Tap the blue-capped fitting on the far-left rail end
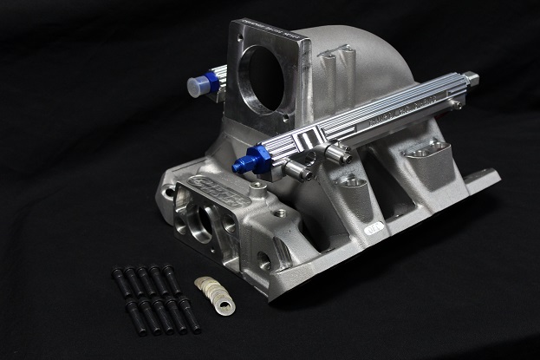201,83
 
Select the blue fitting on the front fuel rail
245,163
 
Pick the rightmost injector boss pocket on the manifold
420,153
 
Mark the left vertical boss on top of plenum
327,63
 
